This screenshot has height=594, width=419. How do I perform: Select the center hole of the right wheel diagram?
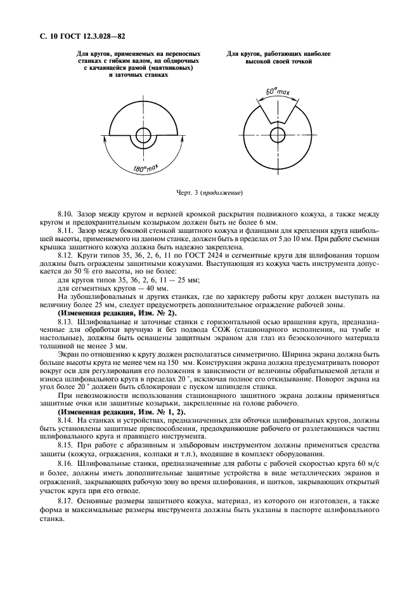pyautogui.click(x=277, y=135)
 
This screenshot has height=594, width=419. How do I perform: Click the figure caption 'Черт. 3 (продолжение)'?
pyautogui.click(x=209, y=193)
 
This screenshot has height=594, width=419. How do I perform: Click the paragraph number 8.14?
pyautogui.click(x=65, y=421)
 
